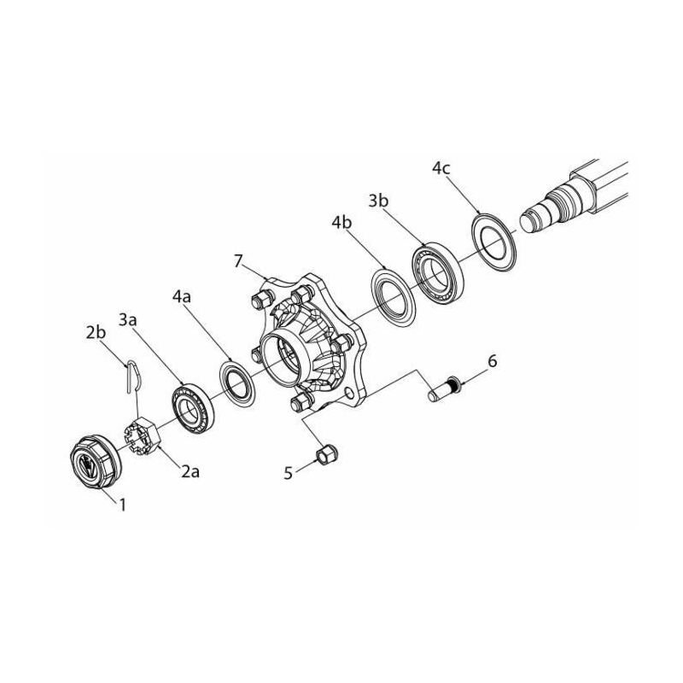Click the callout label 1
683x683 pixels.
[122, 505]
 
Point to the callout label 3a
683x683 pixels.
[129, 319]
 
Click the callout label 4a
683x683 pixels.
[181, 297]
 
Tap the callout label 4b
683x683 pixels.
[342, 224]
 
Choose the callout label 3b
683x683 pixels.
[379, 201]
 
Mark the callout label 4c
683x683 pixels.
[441, 168]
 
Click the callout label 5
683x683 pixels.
[289, 471]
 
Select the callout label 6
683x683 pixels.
[492, 361]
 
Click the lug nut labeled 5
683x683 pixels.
[324, 453]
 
